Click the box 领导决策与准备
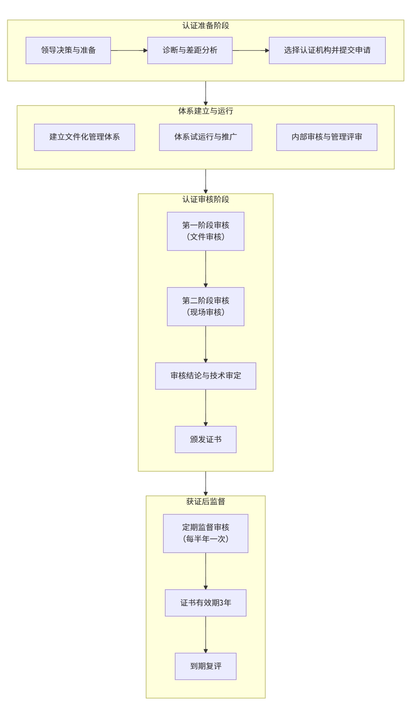pos(68,50)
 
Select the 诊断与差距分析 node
pos(190,50)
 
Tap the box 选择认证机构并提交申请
pos(327,50)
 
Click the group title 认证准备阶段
pos(206,26)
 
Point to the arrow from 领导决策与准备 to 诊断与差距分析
pos(129,50)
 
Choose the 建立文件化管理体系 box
pos(84,137)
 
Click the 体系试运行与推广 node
pos(206,137)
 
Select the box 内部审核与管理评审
pos(327,137)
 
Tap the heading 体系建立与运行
pos(206,111)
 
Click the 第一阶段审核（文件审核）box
pos(206,231)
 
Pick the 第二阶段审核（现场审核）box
pos(206,307)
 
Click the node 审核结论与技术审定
pos(206,376)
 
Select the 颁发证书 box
pos(206,439)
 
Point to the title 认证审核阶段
pos(206,200)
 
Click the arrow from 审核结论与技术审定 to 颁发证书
pos(206,408)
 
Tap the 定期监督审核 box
pos(206,533)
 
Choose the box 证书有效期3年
pos(206,603)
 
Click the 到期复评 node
pos(206,666)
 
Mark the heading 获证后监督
pos(206,502)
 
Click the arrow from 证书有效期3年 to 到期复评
pos(206,634)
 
